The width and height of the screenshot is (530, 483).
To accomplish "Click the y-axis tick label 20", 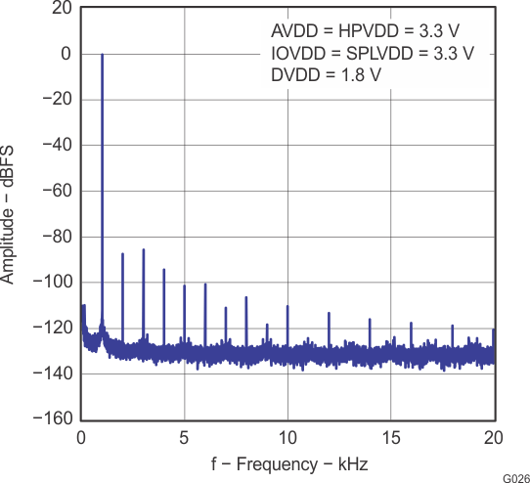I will pos(61,9).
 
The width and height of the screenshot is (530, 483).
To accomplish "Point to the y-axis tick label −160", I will pos(50,418).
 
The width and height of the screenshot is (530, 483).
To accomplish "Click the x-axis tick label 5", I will pos(184,436).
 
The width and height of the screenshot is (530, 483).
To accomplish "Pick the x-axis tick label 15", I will pos(390,436).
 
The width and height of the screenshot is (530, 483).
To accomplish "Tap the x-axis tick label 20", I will pos(493,436).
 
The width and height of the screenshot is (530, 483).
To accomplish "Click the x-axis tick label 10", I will pos(287,436).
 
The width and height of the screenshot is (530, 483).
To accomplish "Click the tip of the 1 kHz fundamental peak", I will pos(102,55).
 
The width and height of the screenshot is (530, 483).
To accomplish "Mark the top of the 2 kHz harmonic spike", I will pos(122,254).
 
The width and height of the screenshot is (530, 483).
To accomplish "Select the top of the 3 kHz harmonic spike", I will pos(143,249).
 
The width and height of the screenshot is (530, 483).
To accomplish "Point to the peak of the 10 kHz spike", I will pos(287,306).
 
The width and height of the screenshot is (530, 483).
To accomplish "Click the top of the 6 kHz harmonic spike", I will pos(205,285).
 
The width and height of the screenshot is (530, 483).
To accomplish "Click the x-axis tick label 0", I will pos(81,436).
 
